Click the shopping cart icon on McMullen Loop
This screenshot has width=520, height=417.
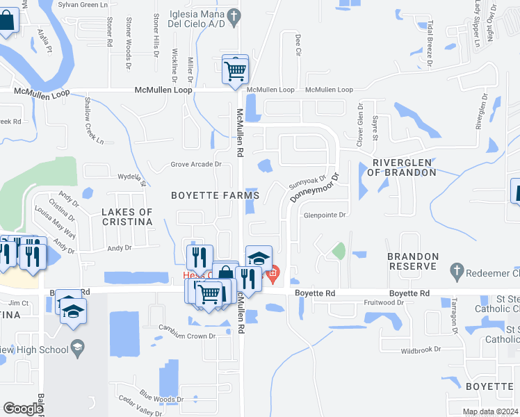click(236, 69)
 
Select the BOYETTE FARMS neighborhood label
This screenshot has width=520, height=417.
click(216, 196)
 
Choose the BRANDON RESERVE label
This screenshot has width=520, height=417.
click(413, 262)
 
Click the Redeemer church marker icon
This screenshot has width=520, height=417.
click(457, 269)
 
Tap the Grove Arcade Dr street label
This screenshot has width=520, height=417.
click(196, 165)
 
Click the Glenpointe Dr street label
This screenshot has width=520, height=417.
click(324, 215)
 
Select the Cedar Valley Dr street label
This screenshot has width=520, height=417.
click(139, 405)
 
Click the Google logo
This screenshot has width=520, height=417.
click(23, 409)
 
